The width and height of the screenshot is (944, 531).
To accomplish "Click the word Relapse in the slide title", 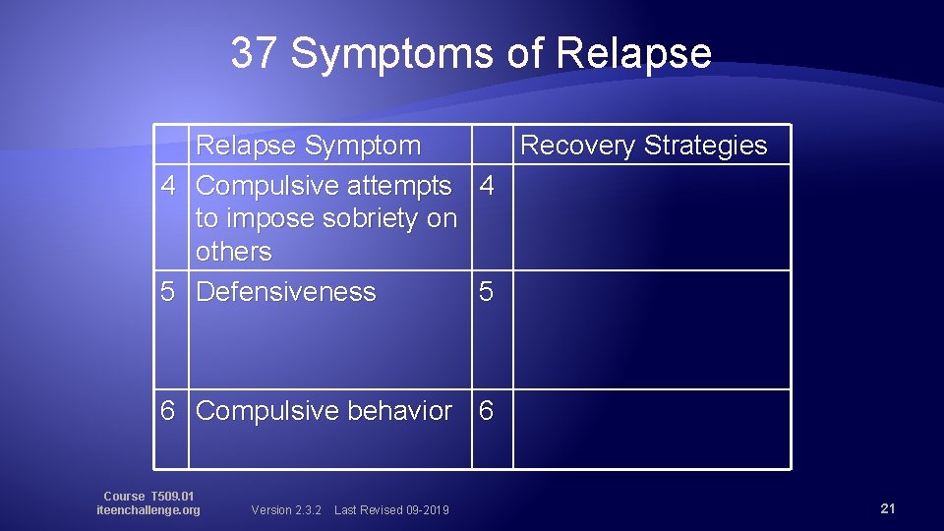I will click(x=633, y=53).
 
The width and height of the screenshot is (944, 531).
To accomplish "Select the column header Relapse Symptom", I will click(x=308, y=146).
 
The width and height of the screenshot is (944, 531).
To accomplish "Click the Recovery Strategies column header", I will click(x=643, y=146).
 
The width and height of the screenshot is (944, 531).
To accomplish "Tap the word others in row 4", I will click(x=233, y=252).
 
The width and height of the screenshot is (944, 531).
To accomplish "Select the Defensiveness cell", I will click(x=286, y=292).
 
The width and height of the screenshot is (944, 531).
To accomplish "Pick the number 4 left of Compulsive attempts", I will click(x=169, y=185).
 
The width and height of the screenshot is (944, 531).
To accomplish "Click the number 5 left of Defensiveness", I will click(x=169, y=292).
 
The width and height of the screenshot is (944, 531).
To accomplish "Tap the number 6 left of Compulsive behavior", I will click(x=169, y=411).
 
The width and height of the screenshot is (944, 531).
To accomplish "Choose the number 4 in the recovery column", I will click(x=487, y=185).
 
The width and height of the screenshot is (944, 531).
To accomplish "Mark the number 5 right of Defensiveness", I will click(x=487, y=292).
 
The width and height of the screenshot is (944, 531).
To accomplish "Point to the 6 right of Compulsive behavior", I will click(x=487, y=411).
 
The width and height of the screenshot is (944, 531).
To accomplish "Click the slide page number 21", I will click(x=887, y=508).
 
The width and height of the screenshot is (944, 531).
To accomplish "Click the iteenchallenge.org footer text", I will click(x=148, y=510).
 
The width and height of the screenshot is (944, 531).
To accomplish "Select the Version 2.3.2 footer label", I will click(x=286, y=509).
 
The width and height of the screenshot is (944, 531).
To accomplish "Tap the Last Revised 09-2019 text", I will click(x=391, y=509).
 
